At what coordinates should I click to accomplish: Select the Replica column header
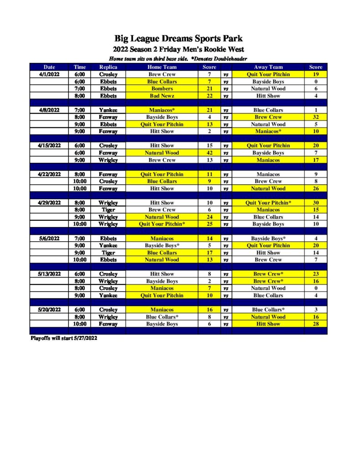[108, 67]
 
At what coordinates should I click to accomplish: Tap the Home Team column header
[162, 67]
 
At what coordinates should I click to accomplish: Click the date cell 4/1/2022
[49, 74]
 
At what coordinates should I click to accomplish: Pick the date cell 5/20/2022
[49, 309]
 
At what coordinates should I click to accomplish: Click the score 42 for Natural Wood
[209, 153]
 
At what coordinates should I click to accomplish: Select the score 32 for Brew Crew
[315, 117]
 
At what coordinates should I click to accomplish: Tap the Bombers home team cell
[162, 89]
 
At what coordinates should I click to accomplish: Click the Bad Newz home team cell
[162, 96]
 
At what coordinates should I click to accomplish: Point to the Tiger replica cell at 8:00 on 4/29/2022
[108, 210]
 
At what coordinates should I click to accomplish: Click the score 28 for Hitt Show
[315, 324]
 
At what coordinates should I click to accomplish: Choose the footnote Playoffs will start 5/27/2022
[64, 338]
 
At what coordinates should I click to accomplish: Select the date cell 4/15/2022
[49, 146]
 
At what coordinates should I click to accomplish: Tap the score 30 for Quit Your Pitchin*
[315, 203]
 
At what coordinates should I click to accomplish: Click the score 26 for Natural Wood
[315, 188]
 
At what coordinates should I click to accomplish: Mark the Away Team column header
[268, 67]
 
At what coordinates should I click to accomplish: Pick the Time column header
[80, 67]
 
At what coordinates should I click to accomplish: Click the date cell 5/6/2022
[49, 238]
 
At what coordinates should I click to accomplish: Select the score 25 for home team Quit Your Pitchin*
[209, 224]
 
